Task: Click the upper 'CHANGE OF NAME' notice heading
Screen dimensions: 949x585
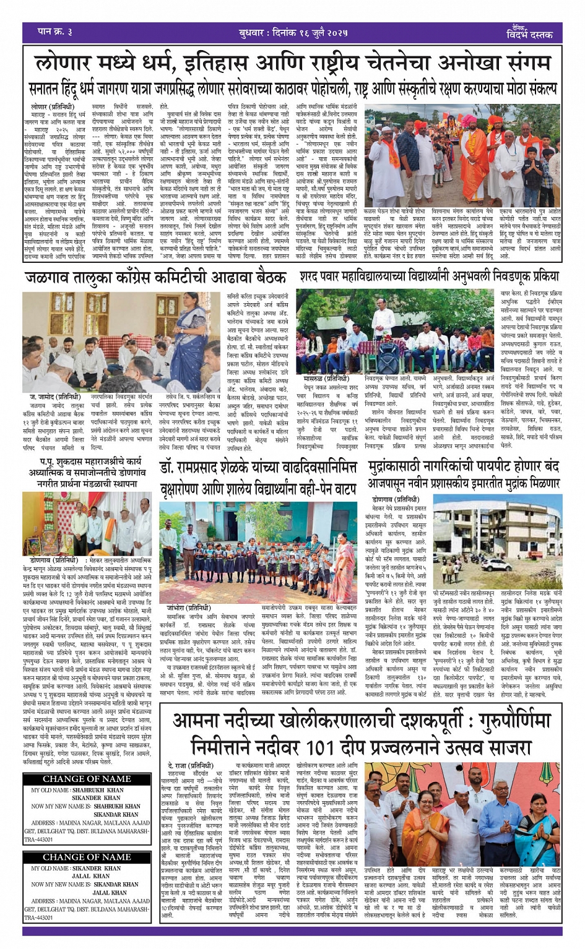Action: tap(87, 779)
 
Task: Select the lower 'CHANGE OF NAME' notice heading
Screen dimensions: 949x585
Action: tap(87, 857)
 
